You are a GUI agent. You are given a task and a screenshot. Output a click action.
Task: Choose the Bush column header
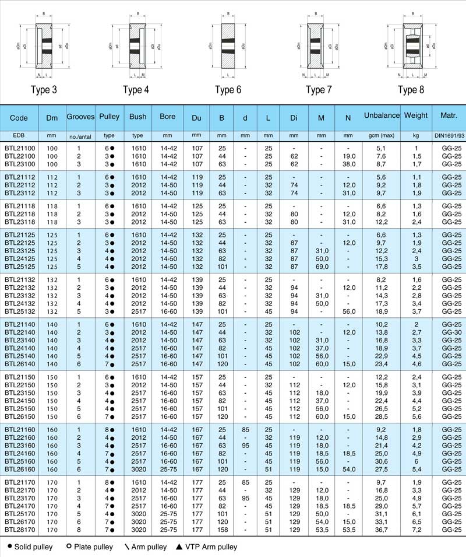(x=138, y=117)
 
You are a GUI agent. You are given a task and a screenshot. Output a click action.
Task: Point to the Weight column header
(x=416, y=117)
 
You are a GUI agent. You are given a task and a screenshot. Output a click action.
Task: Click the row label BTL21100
(x=20, y=149)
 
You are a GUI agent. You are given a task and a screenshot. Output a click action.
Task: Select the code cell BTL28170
(x=20, y=530)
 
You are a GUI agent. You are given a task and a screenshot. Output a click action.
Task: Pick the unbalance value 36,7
(x=382, y=530)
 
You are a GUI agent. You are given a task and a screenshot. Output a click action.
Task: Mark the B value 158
(x=221, y=530)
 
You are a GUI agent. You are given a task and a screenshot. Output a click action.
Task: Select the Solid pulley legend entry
(x=30, y=547)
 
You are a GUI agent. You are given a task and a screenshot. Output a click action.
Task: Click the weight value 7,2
(x=416, y=530)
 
